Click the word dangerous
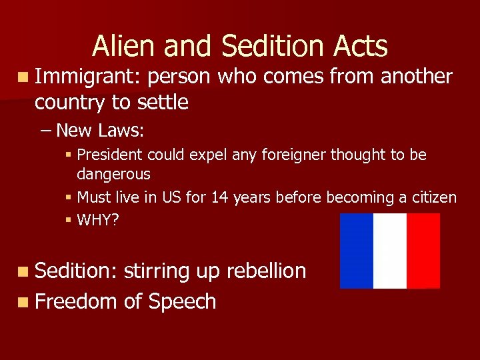tap(113, 175)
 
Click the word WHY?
tap(98, 220)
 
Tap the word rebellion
tap(266, 271)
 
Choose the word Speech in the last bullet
tap(182, 301)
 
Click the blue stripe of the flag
tap(357, 251)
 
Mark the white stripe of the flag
tap(390, 251)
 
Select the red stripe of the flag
tap(423, 251)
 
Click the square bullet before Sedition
tap(24, 271)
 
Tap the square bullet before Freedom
tap(24, 302)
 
